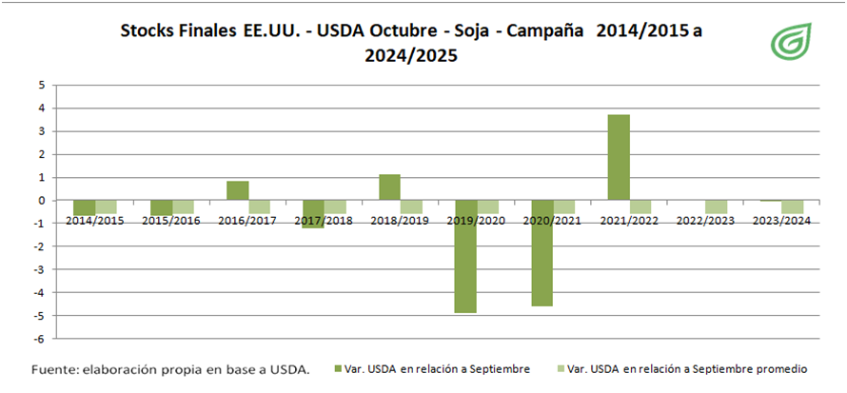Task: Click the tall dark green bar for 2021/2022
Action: click(x=618, y=157)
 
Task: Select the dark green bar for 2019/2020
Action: click(x=465, y=256)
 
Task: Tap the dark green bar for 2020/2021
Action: click(x=542, y=252)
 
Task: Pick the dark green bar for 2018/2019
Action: click(x=389, y=187)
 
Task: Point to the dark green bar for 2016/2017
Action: click(x=238, y=190)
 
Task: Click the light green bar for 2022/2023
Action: click(x=716, y=206)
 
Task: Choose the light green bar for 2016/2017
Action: click(x=260, y=206)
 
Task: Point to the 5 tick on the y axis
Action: click(x=41, y=86)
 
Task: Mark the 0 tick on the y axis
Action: click(x=41, y=201)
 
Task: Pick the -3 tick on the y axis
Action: click(x=39, y=269)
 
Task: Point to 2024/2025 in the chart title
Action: click(x=410, y=56)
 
